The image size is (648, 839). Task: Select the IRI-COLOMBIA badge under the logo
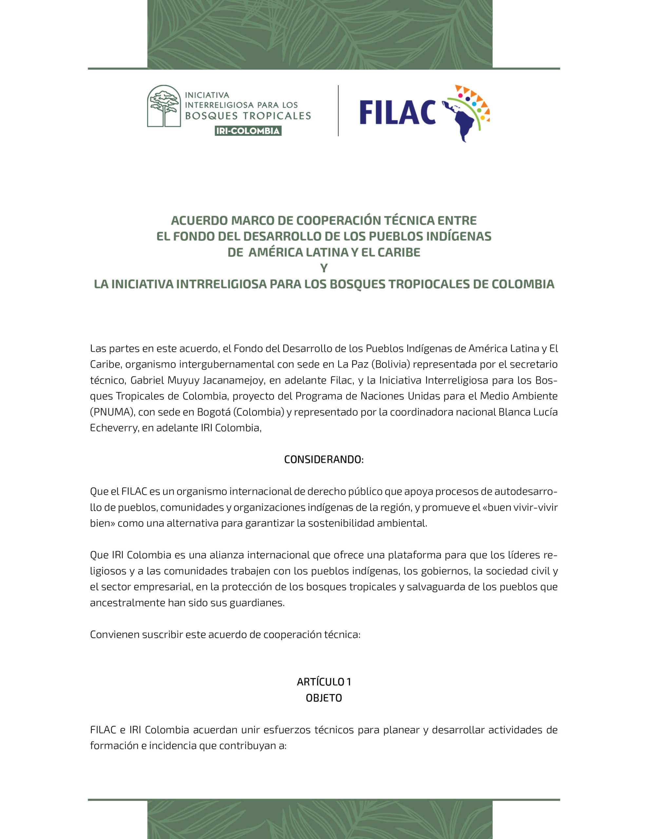click(248, 131)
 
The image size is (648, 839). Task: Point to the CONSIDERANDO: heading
click(323, 459)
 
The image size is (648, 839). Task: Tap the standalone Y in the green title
click(324, 268)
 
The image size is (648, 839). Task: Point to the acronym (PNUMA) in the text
click(112, 412)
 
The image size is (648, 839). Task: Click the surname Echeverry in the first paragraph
click(114, 428)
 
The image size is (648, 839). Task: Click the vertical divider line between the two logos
click(338, 111)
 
